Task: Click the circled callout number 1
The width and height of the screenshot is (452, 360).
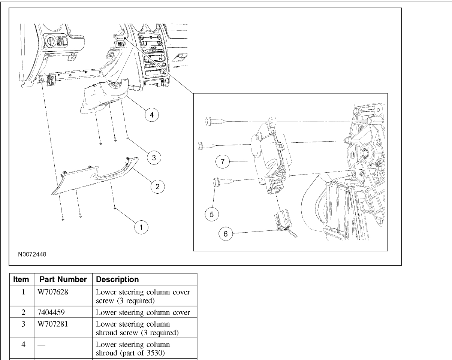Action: [141, 227]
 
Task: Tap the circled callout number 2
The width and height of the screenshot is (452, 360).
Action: [157, 187]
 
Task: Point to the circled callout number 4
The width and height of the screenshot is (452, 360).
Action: [151, 115]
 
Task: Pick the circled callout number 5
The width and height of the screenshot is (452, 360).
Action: [212, 214]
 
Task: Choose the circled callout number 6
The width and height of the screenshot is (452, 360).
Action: [225, 233]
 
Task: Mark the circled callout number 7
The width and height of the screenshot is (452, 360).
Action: [222, 161]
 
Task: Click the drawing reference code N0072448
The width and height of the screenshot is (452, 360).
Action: [32, 254]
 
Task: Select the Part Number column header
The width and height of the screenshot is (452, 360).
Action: [62, 279]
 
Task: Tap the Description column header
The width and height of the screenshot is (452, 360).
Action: [117, 279]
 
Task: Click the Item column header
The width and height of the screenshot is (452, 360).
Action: [21, 279]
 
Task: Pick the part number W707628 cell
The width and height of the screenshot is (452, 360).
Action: [52, 292]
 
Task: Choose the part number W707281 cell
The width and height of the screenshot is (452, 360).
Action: [52, 324]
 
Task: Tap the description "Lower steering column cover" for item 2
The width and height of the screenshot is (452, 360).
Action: [143, 312]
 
